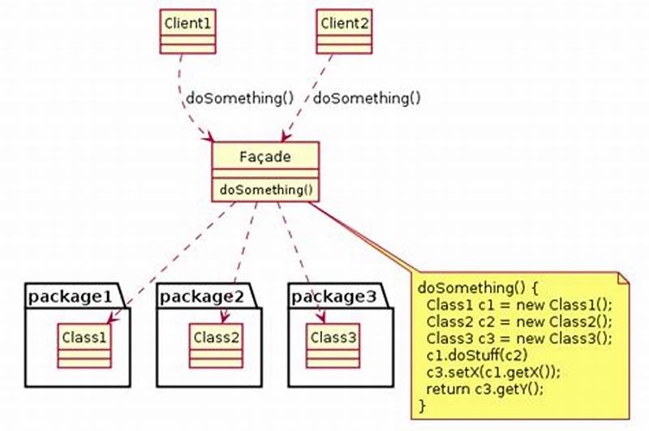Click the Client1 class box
tap(187, 32)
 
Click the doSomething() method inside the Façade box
tap(265, 190)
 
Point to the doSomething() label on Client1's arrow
tap(240, 98)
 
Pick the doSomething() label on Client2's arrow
tap(367, 98)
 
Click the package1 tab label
tap(68, 296)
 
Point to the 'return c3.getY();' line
tap(484, 388)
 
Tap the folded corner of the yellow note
tap(624, 279)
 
